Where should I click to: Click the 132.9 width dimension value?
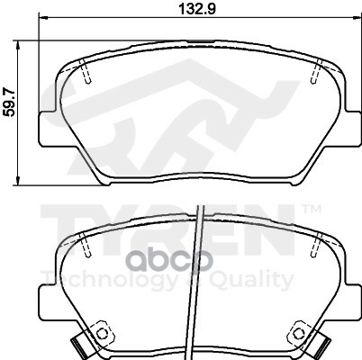(197, 8)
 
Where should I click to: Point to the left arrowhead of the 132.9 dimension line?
(43, 18)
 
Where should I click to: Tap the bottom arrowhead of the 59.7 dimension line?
(18, 180)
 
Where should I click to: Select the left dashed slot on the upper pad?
(85, 71)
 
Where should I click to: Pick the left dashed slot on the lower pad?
(85, 245)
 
